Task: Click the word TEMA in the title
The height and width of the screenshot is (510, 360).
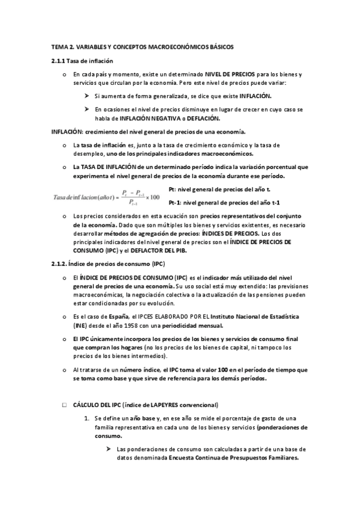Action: pyautogui.click(x=59, y=46)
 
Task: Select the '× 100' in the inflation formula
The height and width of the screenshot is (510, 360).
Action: pyautogui.click(x=152, y=197)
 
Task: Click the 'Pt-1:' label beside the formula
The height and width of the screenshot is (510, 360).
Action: pyautogui.click(x=176, y=202)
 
